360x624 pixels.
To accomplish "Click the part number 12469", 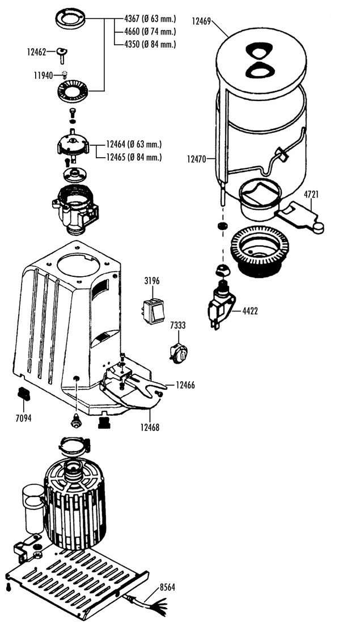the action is click(x=201, y=20).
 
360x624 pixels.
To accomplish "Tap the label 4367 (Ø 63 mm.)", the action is click(x=150, y=19).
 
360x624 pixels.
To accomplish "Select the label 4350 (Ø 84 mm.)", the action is click(x=150, y=44).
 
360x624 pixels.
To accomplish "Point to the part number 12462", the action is click(x=36, y=51).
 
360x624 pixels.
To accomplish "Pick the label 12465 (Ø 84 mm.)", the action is click(x=134, y=157).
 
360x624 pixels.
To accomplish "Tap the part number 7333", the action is click(x=177, y=326).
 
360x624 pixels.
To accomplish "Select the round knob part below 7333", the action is click(x=179, y=353).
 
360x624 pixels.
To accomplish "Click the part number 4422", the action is click(x=250, y=311).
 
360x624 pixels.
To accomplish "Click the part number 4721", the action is click(x=311, y=195).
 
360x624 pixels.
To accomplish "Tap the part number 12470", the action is click(x=197, y=159).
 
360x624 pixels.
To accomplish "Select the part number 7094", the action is click(x=23, y=418).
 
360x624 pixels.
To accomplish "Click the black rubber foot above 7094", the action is click(x=24, y=394).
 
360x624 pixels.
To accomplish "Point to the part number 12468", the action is click(x=150, y=427).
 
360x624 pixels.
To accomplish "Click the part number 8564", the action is click(x=167, y=587).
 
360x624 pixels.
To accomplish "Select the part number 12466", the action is click(x=185, y=385).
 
